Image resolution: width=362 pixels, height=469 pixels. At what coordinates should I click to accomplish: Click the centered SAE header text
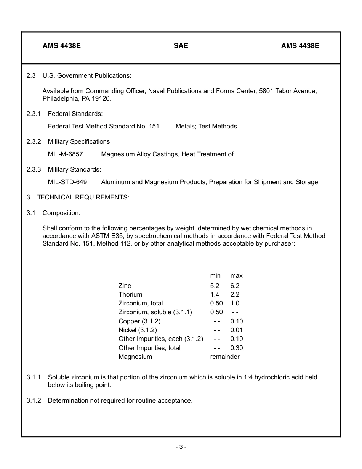pyautogui.click(x=181, y=46)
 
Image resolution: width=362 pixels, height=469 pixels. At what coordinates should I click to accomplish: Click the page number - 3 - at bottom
pyautogui.click(x=181, y=447)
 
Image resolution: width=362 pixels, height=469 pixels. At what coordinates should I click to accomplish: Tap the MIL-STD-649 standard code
pyautogui.click(x=67, y=182)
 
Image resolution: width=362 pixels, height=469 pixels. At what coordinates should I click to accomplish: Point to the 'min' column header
pyautogui.click(x=215, y=276)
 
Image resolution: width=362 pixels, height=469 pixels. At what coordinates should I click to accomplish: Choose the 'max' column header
pyautogui.click(x=236, y=276)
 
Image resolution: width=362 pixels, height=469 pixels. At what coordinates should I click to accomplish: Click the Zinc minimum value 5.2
pyautogui.click(x=215, y=286)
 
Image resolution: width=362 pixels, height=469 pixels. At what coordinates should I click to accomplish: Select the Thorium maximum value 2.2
pyautogui.click(x=235, y=295)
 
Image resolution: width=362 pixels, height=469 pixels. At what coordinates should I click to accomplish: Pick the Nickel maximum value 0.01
pyautogui.click(x=236, y=330)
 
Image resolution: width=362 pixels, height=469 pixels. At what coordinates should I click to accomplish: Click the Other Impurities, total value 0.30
pyautogui.click(x=236, y=348)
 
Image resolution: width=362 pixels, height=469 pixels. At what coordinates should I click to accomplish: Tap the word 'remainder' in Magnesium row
pyautogui.click(x=225, y=357)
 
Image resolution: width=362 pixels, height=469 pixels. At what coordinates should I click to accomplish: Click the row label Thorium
pyautogui.click(x=130, y=295)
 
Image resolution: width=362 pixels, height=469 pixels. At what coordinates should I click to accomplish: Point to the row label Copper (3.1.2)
pyautogui.click(x=139, y=321)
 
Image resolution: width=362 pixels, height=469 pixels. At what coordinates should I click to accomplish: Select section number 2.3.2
pyautogui.click(x=34, y=142)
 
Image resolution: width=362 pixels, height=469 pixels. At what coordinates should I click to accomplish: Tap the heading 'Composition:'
pyautogui.click(x=61, y=213)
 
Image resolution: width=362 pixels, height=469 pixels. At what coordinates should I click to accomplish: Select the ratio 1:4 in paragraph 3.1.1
pyautogui.click(x=248, y=377)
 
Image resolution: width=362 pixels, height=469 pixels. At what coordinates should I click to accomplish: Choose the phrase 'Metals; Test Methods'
pyautogui.click(x=206, y=127)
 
